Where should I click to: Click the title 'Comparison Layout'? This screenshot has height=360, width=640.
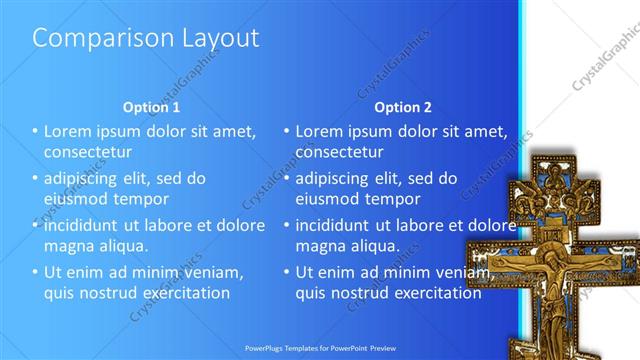pyautogui.click(x=146, y=38)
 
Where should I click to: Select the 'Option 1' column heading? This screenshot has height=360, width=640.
pyautogui.click(x=151, y=106)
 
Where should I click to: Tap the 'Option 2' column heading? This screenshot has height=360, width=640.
pyautogui.click(x=404, y=106)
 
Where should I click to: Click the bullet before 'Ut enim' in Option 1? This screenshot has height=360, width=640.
pyautogui.click(x=35, y=272)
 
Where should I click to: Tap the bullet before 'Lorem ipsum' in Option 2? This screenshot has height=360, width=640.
pyautogui.click(x=287, y=131)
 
